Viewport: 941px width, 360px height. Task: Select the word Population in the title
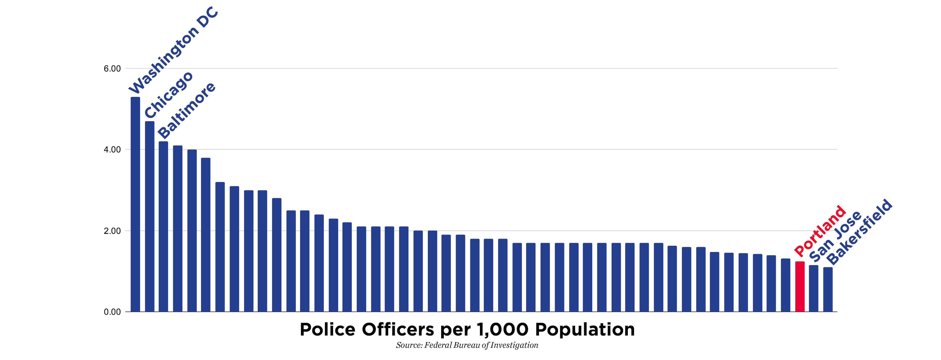click(x=585, y=330)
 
